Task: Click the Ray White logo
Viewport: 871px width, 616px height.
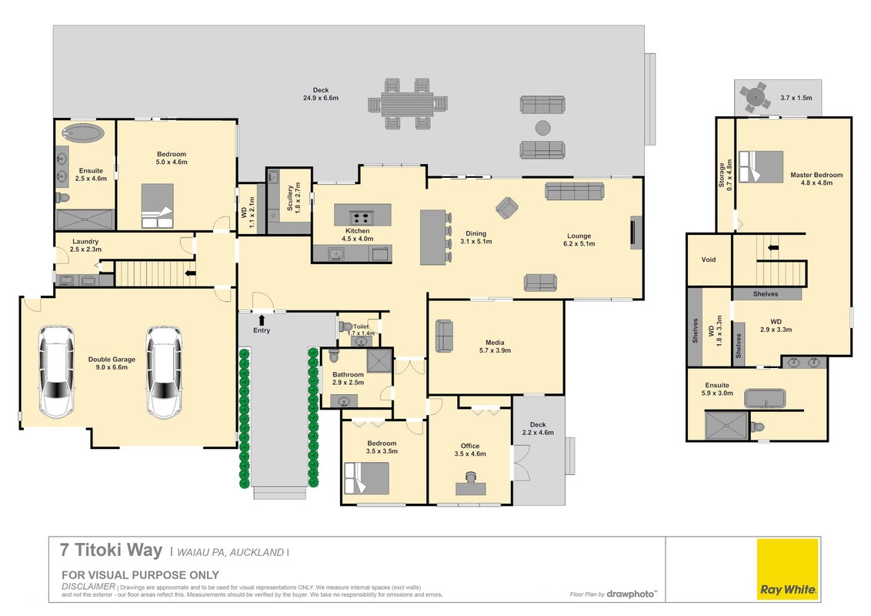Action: [x=788, y=569]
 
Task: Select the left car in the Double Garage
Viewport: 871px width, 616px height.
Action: [x=55, y=371]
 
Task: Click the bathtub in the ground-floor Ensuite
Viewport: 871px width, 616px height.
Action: [x=82, y=132]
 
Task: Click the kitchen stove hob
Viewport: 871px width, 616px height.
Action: [x=361, y=217]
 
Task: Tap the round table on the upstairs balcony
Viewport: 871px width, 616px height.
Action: [x=754, y=98]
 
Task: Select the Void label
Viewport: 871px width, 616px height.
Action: [x=708, y=259]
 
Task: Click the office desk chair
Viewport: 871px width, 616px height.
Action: [x=471, y=477]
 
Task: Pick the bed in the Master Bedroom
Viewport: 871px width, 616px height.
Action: [x=760, y=166]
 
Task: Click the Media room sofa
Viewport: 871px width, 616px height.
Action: [x=444, y=336]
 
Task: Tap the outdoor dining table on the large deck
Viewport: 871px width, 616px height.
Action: [x=407, y=104]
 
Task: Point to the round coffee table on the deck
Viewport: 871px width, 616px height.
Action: [x=542, y=128]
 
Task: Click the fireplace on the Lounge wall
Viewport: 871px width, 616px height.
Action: [x=636, y=233]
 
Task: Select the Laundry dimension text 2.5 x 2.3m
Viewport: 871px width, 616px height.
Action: [x=85, y=249]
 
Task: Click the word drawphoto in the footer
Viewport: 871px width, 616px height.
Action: [x=630, y=594]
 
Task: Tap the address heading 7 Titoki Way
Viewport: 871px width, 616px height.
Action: [x=111, y=550]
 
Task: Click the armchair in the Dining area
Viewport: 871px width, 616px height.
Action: [x=506, y=208]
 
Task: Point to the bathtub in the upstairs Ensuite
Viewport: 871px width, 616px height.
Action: [x=765, y=399]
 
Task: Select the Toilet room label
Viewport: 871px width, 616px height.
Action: [x=361, y=327]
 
